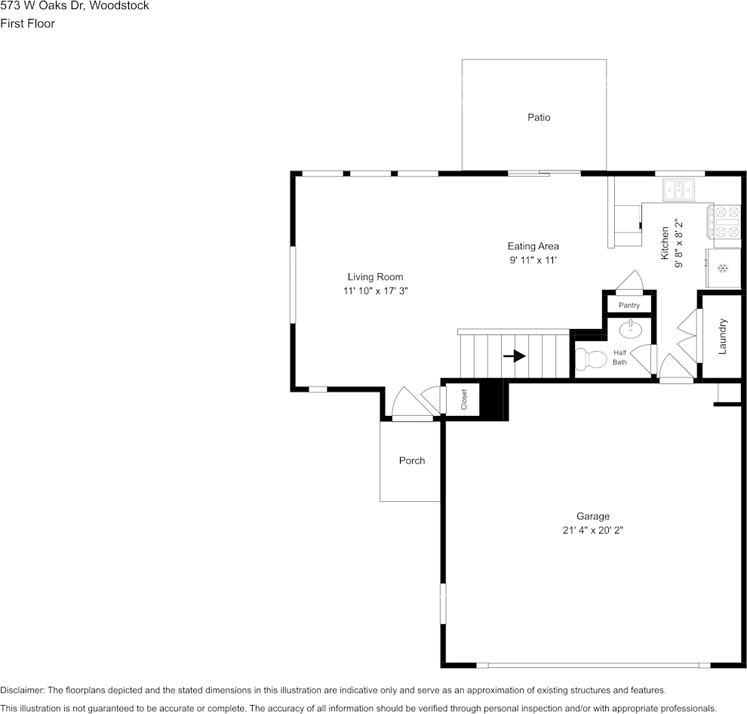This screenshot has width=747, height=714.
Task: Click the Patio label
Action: click(539, 117)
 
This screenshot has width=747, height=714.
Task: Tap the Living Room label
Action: click(376, 277)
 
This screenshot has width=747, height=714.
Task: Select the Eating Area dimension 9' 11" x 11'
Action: click(533, 260)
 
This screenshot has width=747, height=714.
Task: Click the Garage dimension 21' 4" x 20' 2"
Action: click(593, 530)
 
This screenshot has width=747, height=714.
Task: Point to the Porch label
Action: click(412, 460)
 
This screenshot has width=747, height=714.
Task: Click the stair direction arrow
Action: click(515, 355)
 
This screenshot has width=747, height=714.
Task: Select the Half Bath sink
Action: click(630, 329)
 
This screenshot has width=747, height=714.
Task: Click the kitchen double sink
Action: click(679, 189)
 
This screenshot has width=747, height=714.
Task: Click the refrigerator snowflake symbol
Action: click(723, 269)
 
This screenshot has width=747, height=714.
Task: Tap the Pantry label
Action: click(629, 305)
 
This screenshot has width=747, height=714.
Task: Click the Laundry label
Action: click(722, 337)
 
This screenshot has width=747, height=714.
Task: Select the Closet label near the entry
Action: click(464, 399)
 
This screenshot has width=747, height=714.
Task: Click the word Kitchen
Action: click(665, 243)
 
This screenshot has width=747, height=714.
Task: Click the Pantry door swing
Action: click(630, 280)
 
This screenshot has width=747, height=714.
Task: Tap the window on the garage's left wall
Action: click(443, 603)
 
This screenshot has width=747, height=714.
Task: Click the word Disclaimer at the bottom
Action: click(22, 690)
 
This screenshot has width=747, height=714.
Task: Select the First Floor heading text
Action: click(28, 23)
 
